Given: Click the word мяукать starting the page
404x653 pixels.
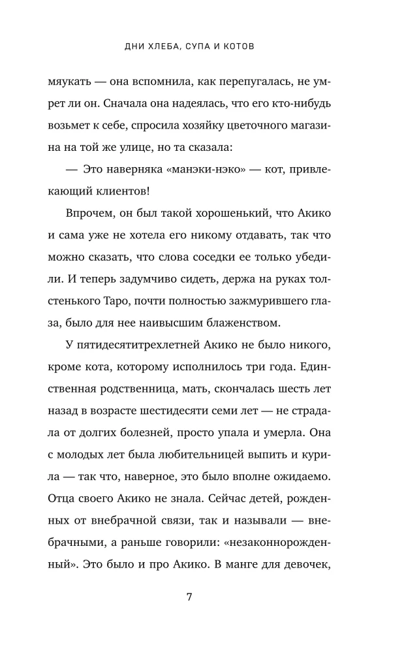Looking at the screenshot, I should pyautogui.click(x=71, y=83).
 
